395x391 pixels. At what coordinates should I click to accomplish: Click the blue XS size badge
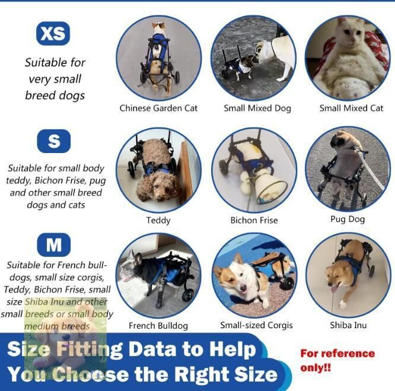point(53,33)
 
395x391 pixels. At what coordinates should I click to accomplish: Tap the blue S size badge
point(53,141)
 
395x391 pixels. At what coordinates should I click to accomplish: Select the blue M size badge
point(53,244)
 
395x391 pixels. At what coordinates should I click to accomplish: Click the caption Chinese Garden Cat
point(158,108)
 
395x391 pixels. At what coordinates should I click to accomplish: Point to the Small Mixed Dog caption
point(257,109)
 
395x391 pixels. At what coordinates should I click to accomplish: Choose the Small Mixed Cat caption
point(351,108)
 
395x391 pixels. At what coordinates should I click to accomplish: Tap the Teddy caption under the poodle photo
point(158,221)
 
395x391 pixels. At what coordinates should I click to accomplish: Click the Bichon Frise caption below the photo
point(254,220)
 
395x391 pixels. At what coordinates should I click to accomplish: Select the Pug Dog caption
point(348,219)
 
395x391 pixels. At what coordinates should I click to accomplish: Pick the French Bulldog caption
point(158,326)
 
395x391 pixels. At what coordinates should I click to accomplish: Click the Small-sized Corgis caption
point(256,325)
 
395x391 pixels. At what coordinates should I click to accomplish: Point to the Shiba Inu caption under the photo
point(348,325)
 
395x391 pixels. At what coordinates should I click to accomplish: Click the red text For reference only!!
point(337,361)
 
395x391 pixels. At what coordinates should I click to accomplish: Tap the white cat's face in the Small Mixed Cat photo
point(350,31)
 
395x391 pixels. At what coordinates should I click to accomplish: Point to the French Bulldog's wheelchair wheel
point(187,295)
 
